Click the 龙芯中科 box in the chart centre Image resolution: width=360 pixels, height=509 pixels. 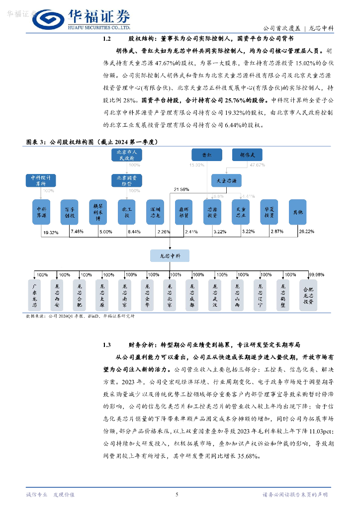click(169, 255)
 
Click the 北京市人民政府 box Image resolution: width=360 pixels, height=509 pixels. click(126, 155)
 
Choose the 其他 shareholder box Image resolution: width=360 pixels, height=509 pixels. click(297, 212)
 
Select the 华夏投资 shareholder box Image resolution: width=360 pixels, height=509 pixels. click(269, 212)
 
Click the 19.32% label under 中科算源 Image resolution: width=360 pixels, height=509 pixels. click(51, 232)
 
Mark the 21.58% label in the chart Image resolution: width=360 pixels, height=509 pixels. click(181, 189)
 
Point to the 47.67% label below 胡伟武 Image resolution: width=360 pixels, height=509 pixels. click(257, 165)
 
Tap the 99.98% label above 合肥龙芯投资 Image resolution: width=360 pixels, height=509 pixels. click(317, 274)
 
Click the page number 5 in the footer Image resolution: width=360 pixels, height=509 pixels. click(177, 494)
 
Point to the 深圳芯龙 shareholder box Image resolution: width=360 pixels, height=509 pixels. click(155, 212)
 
